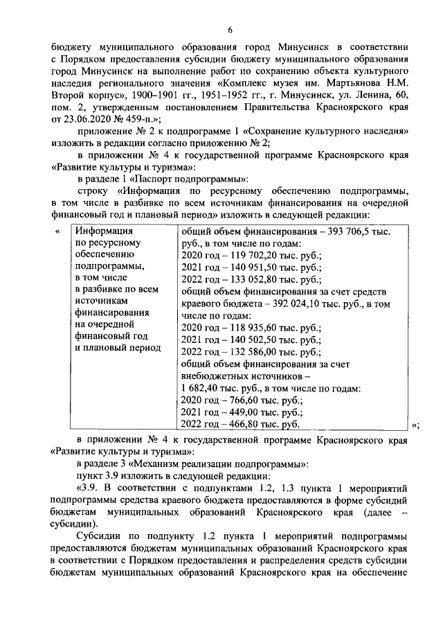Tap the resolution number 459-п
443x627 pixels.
tap(145, 121)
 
